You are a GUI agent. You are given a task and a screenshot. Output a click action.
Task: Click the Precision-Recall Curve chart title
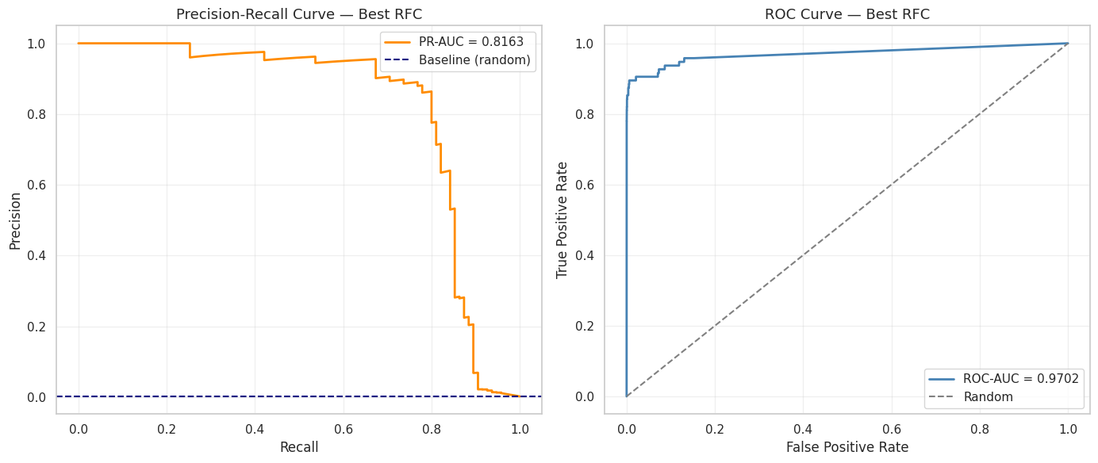coord(299,14)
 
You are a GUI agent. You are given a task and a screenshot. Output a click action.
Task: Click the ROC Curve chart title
coord(847,14)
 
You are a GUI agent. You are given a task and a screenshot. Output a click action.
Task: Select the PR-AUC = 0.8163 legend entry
coord(471,41)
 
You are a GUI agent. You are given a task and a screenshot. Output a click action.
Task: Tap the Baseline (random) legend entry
coord(474,59)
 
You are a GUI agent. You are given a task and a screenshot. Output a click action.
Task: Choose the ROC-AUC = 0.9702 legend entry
coord(1021,378)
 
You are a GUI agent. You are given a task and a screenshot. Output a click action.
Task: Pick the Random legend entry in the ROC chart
coord(989,396)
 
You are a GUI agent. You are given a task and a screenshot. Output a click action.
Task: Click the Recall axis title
coord(299,447)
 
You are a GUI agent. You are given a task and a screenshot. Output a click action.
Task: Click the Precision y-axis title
coord(15,220)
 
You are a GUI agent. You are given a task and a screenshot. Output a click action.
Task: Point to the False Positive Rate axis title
coord(847,447)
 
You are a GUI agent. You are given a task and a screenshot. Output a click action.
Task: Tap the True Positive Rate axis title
coord(562,220)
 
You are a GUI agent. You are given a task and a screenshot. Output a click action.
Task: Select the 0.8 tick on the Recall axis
coord(432,429)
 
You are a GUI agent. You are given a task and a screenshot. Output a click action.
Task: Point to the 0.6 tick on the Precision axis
coord(36,186)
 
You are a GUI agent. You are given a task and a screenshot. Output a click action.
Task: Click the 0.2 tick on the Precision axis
coord(36,327)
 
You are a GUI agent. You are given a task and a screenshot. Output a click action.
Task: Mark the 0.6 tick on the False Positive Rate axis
coord(892,429)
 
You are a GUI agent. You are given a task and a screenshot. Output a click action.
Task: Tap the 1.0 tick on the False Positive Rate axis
coord(1068,429)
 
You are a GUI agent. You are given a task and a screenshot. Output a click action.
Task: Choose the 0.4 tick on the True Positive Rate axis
coord(584,256)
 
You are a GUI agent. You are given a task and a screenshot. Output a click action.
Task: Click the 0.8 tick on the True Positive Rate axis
coord(584,115)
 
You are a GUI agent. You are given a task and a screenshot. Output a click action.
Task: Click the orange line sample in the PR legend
coord(399,41)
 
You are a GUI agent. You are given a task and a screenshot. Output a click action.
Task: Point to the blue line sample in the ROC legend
coord(943,378)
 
